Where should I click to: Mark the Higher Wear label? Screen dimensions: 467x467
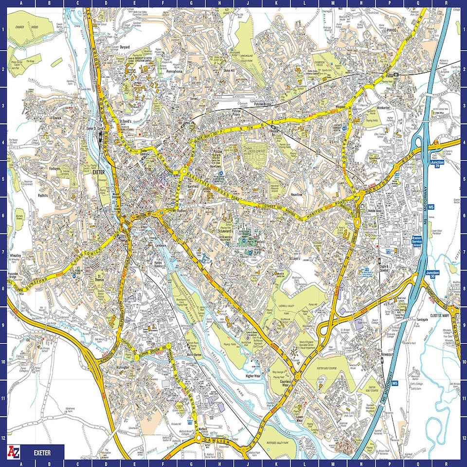[253, 376]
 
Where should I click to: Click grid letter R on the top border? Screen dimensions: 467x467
[447, 3]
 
